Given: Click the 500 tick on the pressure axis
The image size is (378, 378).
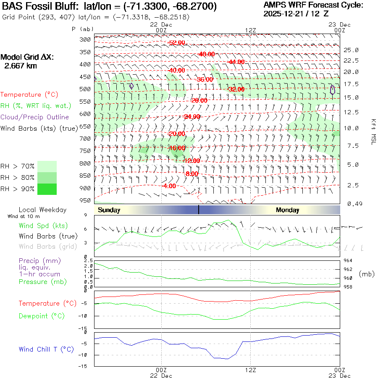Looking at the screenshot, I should tap(85, 89).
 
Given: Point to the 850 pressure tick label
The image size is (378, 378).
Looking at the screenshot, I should tap(85, 176).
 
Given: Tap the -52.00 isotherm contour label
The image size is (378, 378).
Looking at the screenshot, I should tap(176, 43).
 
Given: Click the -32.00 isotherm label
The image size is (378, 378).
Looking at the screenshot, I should tap(236, 89).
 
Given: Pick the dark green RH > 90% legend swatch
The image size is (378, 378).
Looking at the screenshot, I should tap(47, 189).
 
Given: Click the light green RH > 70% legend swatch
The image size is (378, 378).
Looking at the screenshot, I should tap(47, 166).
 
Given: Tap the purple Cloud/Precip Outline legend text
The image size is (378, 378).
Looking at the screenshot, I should tap(35, 117).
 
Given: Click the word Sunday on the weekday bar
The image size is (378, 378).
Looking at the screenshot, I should tap(109, 210).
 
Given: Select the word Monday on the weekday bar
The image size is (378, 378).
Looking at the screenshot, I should tap(288, 210).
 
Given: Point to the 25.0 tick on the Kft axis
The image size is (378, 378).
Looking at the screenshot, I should tap(351, 50).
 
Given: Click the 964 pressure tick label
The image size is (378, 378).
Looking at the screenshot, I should tap(349, 260).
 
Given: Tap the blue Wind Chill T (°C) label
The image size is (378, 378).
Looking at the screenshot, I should tap(46, 349).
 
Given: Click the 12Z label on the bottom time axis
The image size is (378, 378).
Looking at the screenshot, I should tap(250, 370).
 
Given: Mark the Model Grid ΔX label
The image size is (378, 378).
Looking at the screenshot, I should tap(27, 57).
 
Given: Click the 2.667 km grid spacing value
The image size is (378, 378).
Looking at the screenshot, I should tap(20, 66).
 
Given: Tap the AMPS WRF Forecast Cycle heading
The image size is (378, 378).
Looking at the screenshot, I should tap(313, 5).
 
